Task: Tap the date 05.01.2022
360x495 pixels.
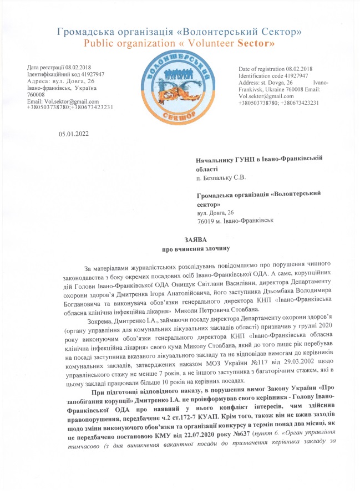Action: [72, 134]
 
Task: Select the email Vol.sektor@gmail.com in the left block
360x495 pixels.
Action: [55, 101]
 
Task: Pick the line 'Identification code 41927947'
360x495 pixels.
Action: [272, 75]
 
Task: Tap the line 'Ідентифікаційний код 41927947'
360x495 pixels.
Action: [65, 74]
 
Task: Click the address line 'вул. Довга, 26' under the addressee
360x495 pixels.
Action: [215, 212]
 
